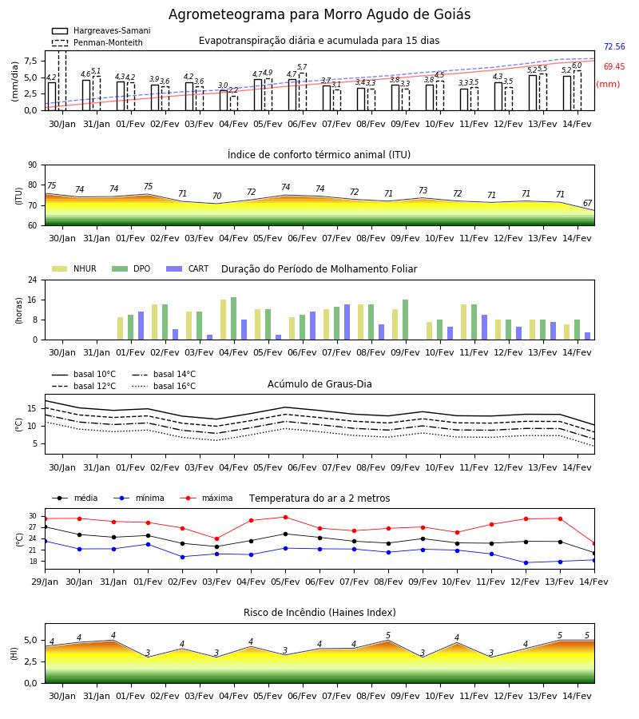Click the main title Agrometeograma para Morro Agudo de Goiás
coord(319,14)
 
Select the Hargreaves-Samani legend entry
coord(101,30)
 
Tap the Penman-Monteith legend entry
coord(97,42)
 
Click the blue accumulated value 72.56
coord(614,47)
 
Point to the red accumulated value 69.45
coord(614,66)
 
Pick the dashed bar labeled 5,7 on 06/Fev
coord(303,92)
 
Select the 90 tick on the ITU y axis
coord(33,165)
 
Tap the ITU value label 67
coord(588,203)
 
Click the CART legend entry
coord(188,268)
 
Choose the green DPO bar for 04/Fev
coord(234,319)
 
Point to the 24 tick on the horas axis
coord(33,280)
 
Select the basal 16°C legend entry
coord(164,386)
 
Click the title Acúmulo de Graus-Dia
coord(319,383)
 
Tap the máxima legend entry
coord(206,498)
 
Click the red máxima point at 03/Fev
coord(216,538)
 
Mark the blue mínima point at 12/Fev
coord(526,562)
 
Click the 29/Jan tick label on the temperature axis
coord(45,582)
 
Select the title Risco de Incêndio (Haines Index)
coord(319,613)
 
